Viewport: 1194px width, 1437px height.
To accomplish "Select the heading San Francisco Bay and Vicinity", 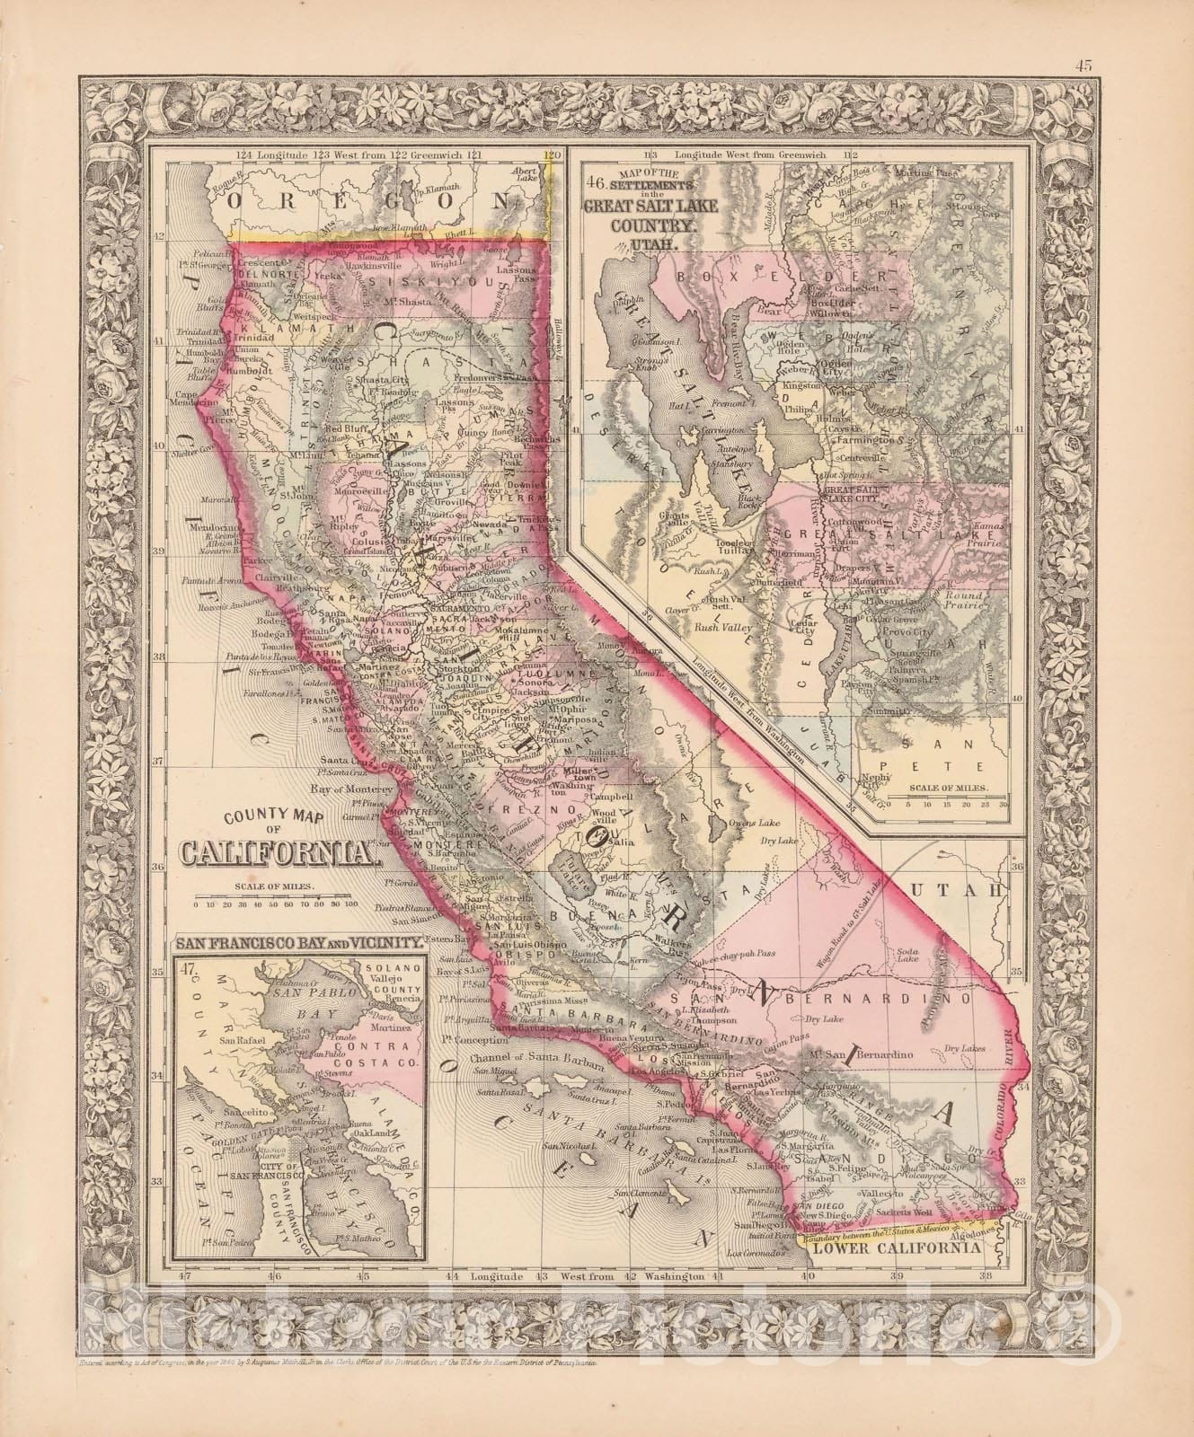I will (297, 944).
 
